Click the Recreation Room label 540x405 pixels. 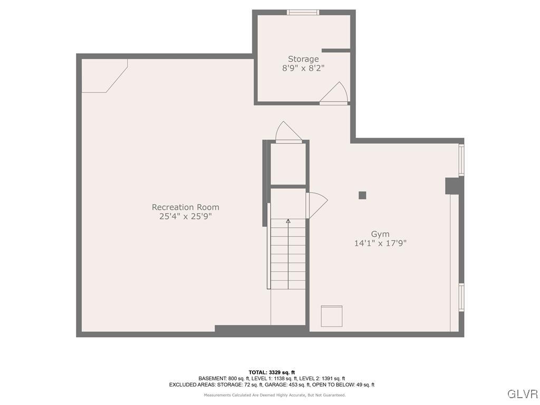pyautogui.click(x=185, y=207)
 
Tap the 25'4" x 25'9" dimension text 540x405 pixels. pyautogui.click(x=185, y=216)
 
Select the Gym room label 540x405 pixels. pyautogui.click(x=380, y=234)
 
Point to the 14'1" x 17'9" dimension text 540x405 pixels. pyautogui.click(x=380, y=243)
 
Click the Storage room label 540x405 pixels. pyautogui.click(x=303, y=59)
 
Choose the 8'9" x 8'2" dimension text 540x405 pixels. pyautogui.click(x=303, y=68)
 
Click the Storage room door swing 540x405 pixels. pyautogui.click(x=335, y=93)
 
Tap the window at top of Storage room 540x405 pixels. pyautogui.click(x=303, y=12)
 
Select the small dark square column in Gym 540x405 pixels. pyautogui.click(x=362, y=195)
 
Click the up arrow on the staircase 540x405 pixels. pyautogui.click(x=288, y=221)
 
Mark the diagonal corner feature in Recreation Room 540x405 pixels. pyautogui.click(x=105, y=75)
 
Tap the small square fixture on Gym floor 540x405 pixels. pyautogui.click(x=332, y=316)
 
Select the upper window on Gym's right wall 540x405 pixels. pyautogui.click(x=461, y=160)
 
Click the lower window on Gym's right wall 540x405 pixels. pyautogui.click(x=461, y=297)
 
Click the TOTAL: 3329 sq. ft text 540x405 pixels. pyautogui.click(x=272, y=372)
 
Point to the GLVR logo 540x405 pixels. pyautogui.click(x=522, y=394)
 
